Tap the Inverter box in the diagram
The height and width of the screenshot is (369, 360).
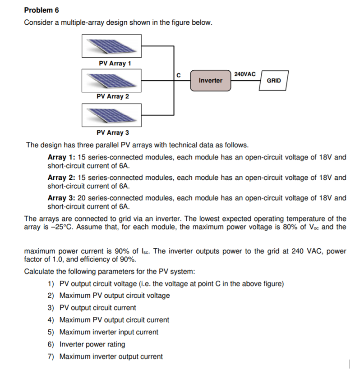(x=210, y=80)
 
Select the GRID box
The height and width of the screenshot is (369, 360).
(x=273, y=81)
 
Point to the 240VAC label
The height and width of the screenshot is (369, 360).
(x=245, y=74)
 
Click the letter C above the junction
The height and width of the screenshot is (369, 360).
(x=179, y=74)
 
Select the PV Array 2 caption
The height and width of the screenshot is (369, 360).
(x=113, y=96)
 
